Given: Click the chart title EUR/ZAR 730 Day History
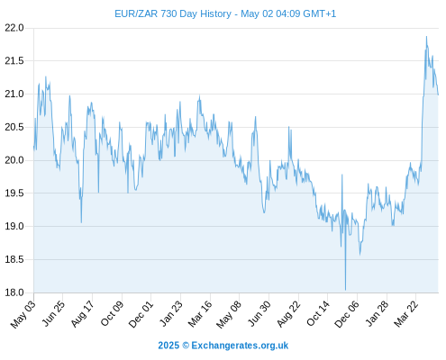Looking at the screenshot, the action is point(173,13).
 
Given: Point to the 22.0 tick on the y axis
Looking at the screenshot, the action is point(14,28).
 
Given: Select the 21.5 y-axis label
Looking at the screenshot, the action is point(14,61).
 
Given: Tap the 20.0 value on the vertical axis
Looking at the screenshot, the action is point(14,160).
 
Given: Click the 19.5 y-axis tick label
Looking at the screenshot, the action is point(14,193).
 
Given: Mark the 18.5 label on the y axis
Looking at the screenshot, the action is point(14,259).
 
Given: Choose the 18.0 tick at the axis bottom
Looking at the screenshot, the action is point(14,292).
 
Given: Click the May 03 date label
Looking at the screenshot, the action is point(23,314).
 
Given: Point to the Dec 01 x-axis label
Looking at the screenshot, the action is point(141,314).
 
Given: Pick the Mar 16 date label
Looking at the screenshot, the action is point(200,314).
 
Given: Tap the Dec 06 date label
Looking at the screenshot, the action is point(347,314).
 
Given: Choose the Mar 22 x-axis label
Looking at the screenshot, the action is point(406,314).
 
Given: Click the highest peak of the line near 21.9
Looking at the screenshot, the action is point(426,37).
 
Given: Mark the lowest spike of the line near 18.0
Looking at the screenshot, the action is point(345,290).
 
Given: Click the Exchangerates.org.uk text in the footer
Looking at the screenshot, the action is point(240,346).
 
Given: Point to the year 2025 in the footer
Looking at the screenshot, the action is point(168,346).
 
